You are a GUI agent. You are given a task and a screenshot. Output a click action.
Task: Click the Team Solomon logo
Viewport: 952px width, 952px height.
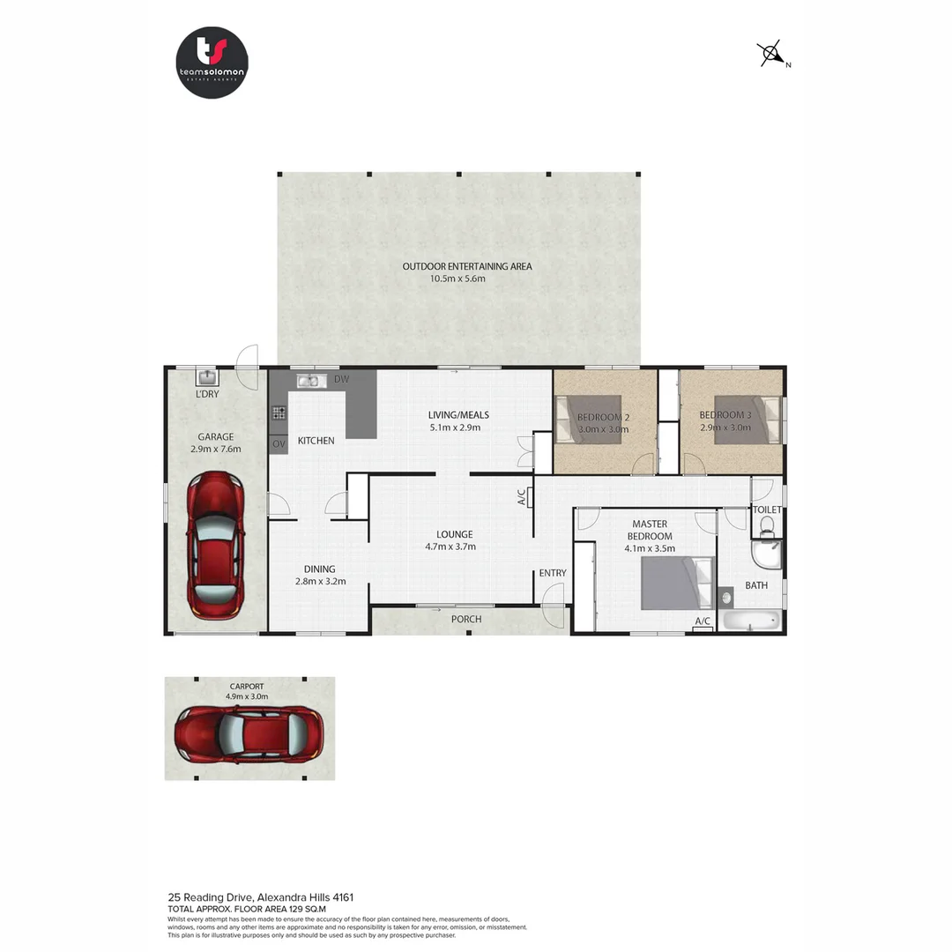[x=212, y=63]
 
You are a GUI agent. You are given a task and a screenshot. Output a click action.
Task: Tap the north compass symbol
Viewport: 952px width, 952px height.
[x=772, y=55]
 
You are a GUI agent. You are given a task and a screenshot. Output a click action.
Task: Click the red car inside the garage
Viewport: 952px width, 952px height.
[x=215, y=545]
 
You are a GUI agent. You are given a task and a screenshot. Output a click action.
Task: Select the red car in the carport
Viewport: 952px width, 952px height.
[x=249, y=733]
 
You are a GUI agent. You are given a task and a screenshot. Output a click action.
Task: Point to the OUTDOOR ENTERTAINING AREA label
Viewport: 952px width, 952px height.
[x=467, y=266]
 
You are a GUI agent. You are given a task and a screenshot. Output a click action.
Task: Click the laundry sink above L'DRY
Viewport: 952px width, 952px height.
[x=207, y=377]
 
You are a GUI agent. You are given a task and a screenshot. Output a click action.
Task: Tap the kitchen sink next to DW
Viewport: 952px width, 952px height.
[x=308, y=381]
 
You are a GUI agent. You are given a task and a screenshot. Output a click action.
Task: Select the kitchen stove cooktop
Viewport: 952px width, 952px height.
[x=279, y=412]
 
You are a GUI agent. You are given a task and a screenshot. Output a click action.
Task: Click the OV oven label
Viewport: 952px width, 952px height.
[x=279, y=443]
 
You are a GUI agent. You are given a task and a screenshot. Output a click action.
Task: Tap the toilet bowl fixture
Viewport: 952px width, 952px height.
[x=766, y=527]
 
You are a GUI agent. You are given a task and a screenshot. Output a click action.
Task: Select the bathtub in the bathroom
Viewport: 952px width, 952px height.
[x=752, y=621]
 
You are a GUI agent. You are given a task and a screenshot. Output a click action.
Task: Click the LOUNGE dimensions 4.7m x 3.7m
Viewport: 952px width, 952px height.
[x=454, y=547]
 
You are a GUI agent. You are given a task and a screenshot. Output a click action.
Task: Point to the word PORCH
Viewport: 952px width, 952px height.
[x=466, y=619]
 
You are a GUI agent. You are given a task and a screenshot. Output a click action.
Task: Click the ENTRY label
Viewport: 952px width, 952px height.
[x=553, y=574]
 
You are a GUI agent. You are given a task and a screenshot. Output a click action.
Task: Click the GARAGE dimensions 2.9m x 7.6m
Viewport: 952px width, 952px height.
[x=215, y=449]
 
